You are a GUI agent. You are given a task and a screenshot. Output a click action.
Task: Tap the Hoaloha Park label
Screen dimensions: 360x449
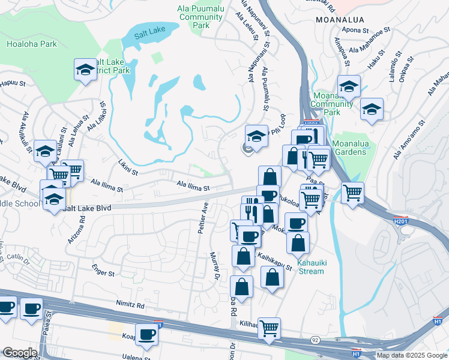point(31,44)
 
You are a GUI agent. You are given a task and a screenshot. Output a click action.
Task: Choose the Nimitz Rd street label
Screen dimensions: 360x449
point(132,305)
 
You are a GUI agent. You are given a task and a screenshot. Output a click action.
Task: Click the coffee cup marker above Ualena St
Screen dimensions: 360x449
point(146,335)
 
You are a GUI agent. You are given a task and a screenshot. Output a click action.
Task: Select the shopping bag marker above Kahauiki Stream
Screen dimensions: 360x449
point(298,243)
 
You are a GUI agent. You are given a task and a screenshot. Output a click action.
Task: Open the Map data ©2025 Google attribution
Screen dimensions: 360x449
point(412,355)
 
